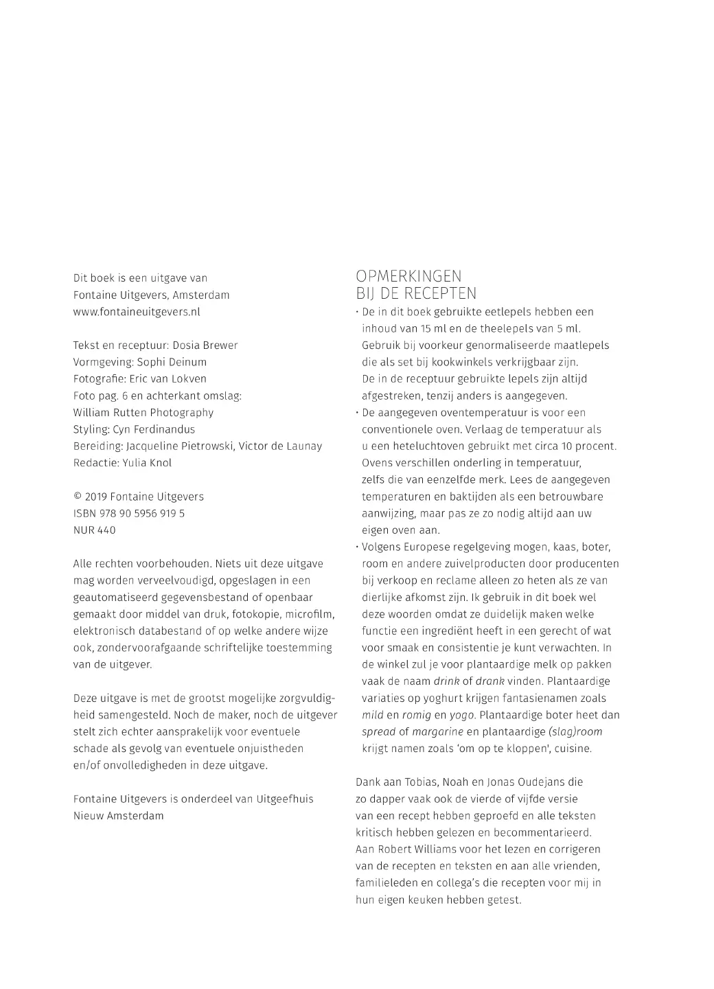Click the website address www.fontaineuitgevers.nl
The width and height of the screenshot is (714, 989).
137,312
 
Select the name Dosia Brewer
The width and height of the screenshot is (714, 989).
205,345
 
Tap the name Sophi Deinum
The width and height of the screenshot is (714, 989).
172,362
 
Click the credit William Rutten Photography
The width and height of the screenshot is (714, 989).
143,413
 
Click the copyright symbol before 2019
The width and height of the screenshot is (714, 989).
77,497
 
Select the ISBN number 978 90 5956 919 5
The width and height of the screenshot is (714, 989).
143,514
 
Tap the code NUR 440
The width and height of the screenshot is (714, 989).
94,530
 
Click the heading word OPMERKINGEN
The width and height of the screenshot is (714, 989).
408,277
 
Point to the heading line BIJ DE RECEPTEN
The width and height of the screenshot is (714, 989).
416,294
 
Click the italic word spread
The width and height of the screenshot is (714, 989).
378,732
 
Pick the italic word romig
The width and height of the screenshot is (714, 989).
417,715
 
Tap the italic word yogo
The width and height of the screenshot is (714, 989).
463,715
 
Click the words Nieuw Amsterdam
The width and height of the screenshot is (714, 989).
118,816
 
